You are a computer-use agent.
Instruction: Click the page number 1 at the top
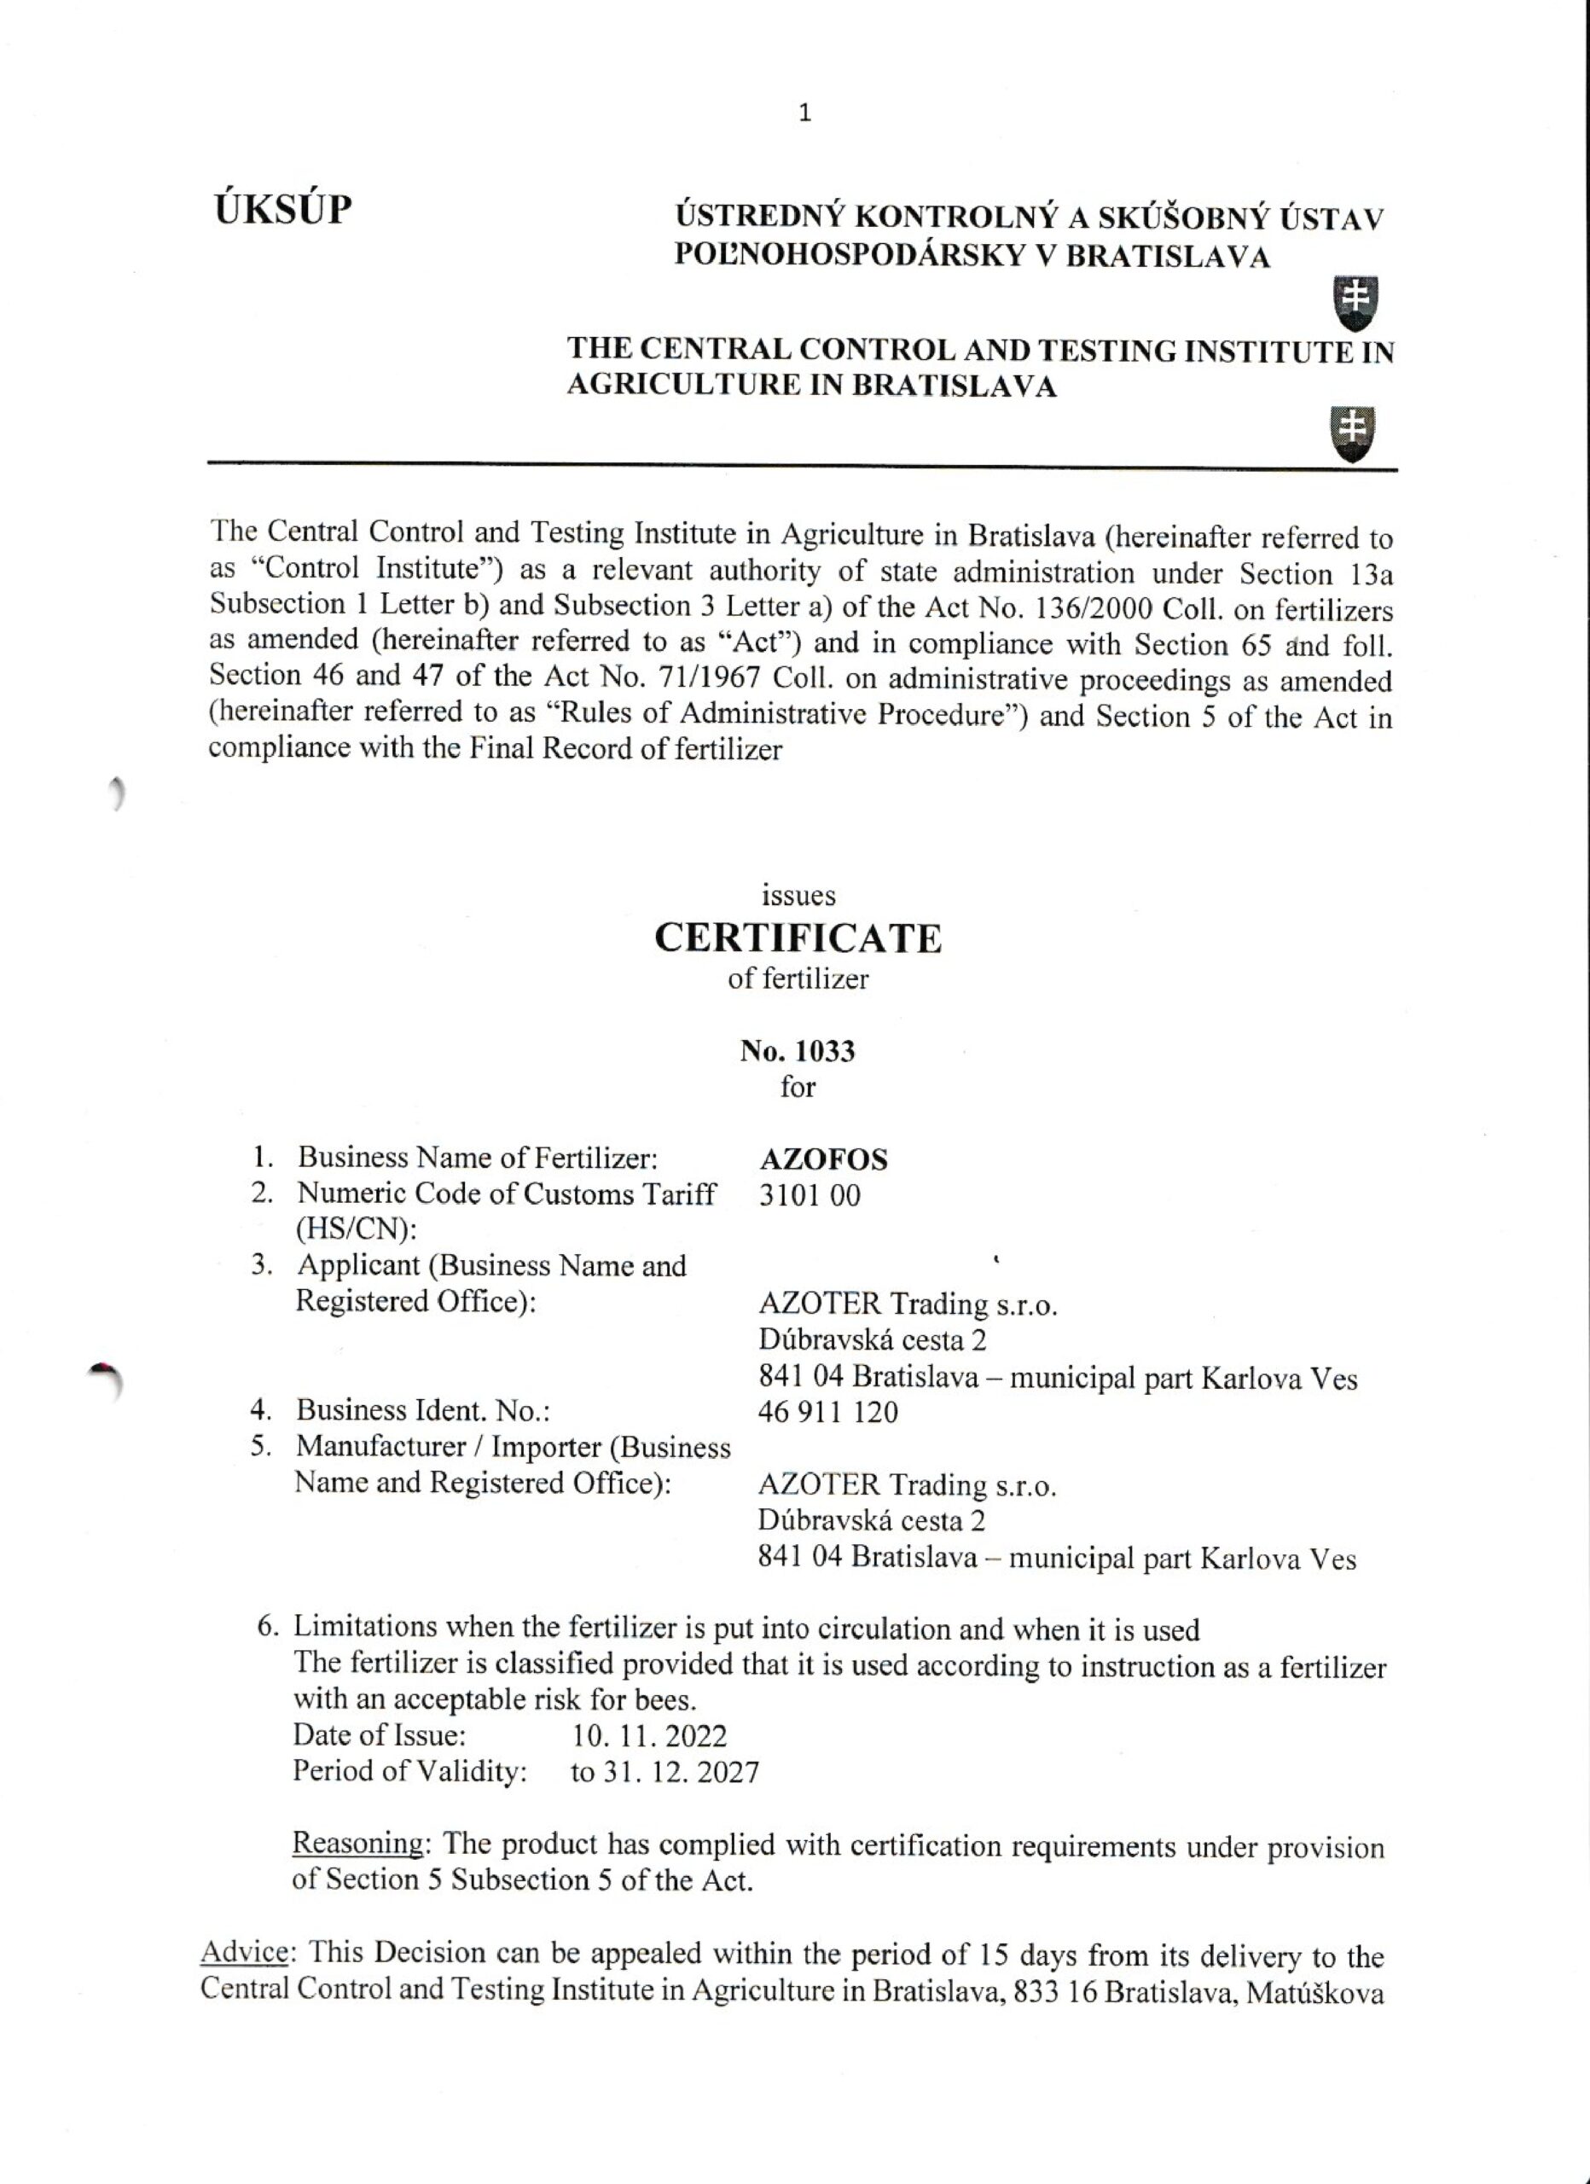click(805, 113)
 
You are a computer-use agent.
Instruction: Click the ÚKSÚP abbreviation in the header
click(283, 209)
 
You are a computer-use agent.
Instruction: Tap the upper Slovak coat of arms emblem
click(1353, 302)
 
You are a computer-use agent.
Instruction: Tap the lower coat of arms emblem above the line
click(1352, 433)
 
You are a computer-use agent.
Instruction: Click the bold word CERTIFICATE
click(798, 938)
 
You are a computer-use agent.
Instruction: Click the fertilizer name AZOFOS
click(822, 1159)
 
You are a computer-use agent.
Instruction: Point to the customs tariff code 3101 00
click(809, 1196)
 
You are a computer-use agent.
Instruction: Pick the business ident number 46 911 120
click(827, 1413)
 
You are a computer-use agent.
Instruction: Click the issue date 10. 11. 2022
click(649, 1736)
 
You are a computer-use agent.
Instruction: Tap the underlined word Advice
click(245, 1954)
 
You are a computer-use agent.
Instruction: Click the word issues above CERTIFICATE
click(798, 896)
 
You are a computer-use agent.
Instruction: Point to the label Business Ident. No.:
click(423, 1411)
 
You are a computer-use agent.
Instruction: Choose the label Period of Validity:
click(409, 1772)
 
